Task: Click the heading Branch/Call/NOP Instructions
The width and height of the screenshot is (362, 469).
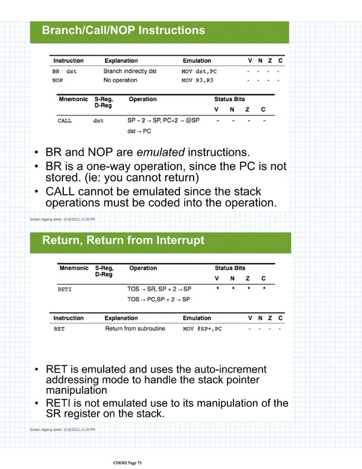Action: pos(123,30)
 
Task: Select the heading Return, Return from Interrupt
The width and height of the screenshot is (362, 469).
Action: pos(123,240)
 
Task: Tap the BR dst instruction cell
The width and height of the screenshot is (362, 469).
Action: pos(65,70)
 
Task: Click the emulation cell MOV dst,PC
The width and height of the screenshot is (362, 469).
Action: pos(200,70)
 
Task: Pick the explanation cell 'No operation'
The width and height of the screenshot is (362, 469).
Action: pos(120,79)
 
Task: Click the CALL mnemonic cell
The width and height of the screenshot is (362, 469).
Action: pos(65,120)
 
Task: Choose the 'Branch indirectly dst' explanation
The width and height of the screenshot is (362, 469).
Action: pos(130,70)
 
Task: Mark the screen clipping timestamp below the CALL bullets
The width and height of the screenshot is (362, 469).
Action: pos(62,220)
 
